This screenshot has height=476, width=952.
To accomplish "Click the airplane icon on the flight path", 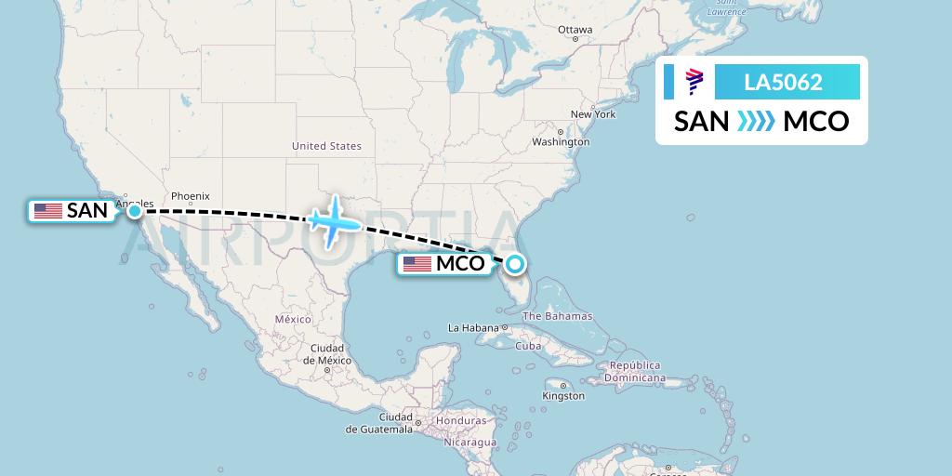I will click(332, 221).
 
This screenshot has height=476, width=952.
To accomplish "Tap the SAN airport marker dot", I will click(135, 211).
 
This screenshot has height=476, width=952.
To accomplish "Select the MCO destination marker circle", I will click(515, 264).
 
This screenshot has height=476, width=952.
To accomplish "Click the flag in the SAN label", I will click(48, 211).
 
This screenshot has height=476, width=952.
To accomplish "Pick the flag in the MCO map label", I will click(417, 264).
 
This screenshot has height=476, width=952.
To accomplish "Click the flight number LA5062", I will click(783, 82).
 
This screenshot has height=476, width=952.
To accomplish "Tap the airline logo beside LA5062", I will click(694, 82).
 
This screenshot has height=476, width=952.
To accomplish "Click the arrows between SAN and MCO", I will click(756, 122).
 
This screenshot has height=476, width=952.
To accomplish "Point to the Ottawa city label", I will click(575, 30).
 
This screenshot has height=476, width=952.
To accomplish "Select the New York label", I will click(593, 114).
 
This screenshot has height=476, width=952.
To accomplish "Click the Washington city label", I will click(561, 142).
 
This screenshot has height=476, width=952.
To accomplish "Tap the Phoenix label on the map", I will click(190, 196).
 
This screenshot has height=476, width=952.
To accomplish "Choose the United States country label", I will click(326, 146).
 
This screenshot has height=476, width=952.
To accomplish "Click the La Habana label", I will click(474, 327).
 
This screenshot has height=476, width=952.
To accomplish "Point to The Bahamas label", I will click(557, 316).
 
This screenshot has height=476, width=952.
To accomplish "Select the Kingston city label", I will click(564, 396).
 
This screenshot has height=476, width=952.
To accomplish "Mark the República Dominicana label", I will click(635, 372).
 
